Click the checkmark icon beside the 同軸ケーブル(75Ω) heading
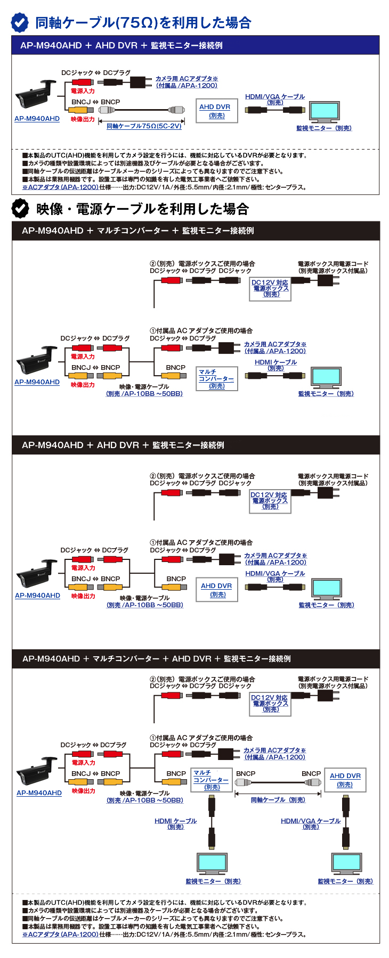tap(20, 22)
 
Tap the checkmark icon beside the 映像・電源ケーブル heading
tap(20, 208)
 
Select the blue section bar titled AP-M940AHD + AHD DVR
tap(196, 45)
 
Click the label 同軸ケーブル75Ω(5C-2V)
tap(144, 126)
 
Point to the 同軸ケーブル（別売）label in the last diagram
tap(278, 800)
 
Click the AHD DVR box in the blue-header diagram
tap(216, 111)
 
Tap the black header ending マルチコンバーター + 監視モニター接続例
tap(196, 231)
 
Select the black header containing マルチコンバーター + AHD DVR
tap(196, 659)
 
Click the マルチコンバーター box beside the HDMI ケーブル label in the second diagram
tap(216, 378)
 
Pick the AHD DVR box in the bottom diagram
tap(345, 780)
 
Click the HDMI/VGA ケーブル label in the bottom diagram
tap(310, 823)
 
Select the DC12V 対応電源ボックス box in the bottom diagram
tap(270, 704)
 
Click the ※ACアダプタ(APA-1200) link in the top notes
tap(60, 187)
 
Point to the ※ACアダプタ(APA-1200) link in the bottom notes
tap(60, 935)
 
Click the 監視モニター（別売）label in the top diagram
tap(324, 128)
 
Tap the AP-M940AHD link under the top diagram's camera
tap(37, 119)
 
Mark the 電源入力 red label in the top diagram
tap(83, 91)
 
